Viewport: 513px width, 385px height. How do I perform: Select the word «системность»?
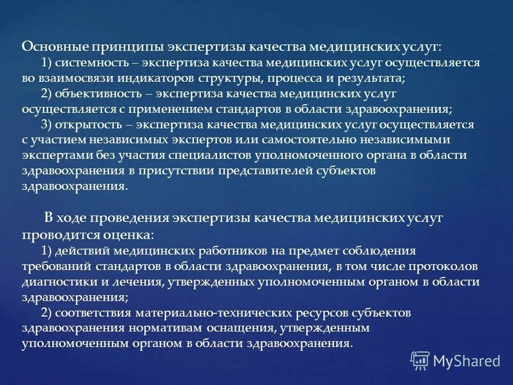(87, 63)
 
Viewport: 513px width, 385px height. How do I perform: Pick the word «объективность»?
(95, 94)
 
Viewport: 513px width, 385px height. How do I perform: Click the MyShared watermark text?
(467, 361)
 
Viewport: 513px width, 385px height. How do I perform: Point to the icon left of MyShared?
(420, 360)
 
